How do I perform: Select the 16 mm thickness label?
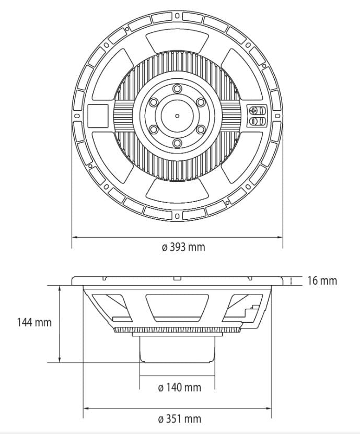(x=322, y=280)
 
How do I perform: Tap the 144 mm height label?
(x=35, y=322)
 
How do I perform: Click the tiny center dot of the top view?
(x=177, y=115)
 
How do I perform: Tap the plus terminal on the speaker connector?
(x=254, y=111)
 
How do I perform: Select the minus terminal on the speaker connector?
(x=254, y=122)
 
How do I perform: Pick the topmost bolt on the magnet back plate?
(x=177, y=87)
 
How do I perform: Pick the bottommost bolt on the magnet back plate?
(x=177, y=143)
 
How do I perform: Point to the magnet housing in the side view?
(x=178, y=348)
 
